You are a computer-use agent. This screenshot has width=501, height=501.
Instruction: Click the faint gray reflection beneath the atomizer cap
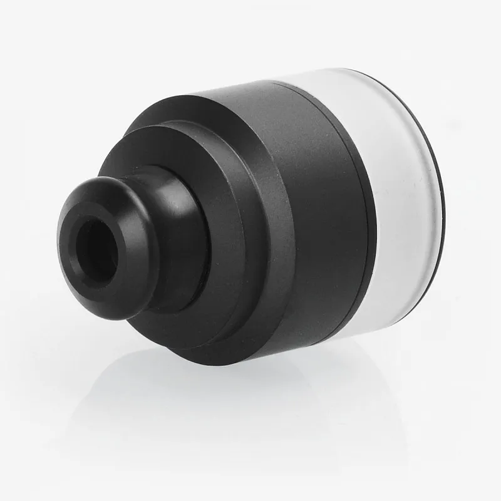tap(250, 401)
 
